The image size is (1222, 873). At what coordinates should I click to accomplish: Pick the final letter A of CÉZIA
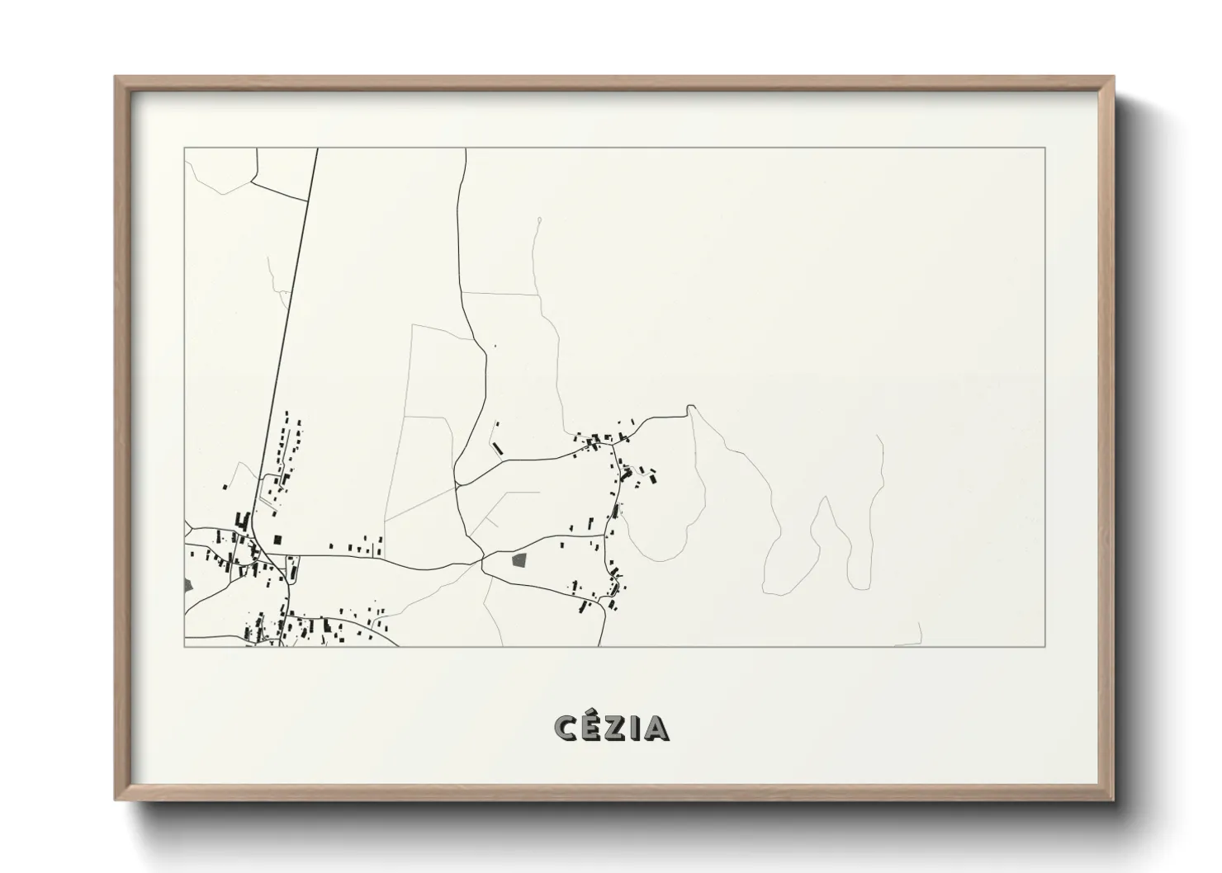[x=656, y=729]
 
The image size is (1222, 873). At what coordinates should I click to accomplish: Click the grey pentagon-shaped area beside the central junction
[x=519, y=560]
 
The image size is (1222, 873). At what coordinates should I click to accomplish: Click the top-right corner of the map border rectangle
[x=1045, y=148]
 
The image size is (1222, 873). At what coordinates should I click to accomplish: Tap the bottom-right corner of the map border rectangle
[x=1045, y=646]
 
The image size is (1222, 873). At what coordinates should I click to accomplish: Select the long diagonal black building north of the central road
[x=497, y=448]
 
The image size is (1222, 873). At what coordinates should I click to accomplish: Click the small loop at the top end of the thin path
[x=538, y=219]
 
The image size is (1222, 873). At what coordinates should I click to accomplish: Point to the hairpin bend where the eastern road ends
[x=690, y=408]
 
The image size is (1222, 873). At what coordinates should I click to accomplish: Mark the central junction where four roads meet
[x=481, y=561]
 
